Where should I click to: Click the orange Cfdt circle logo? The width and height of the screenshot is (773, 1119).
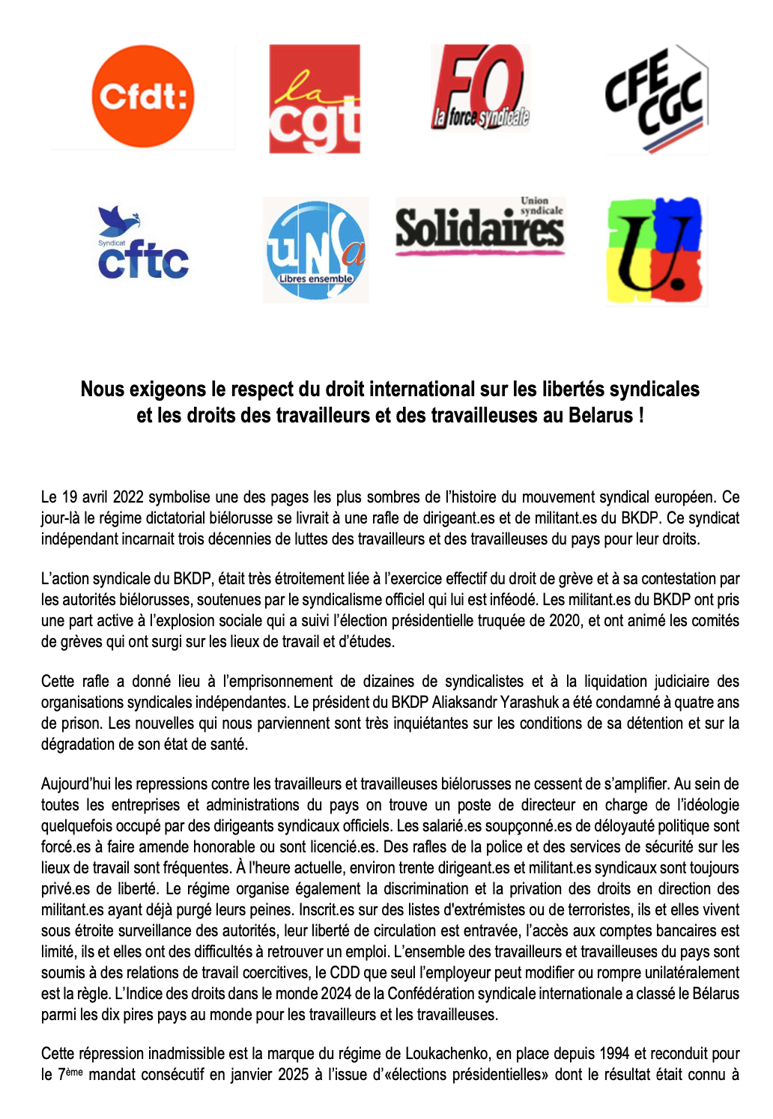pos(142,97)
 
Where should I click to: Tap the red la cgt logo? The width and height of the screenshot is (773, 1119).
pos(315,99)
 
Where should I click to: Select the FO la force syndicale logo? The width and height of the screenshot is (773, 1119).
pos(480,88)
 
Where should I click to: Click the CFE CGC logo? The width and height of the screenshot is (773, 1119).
pos(655,99)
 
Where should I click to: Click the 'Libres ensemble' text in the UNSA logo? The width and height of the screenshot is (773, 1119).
pos(315,279)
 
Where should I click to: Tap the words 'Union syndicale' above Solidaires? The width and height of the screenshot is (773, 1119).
pos(541,206)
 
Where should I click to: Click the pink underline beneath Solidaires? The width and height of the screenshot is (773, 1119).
pos(479,253)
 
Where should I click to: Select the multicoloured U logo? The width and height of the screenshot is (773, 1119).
pos(655,251)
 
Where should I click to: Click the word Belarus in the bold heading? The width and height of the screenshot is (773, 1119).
pos(601,415)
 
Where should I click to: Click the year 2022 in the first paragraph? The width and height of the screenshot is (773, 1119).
pos(128,497)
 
